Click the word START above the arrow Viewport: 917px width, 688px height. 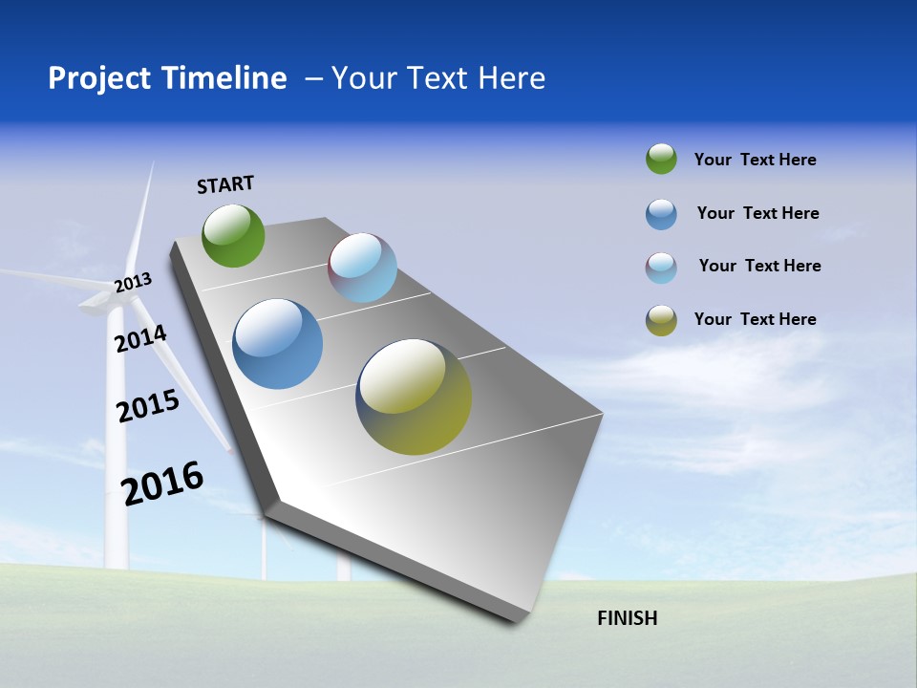click(225, 184)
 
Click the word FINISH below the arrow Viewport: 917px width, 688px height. click(627, 618)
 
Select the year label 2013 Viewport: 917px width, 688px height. click(134, 283)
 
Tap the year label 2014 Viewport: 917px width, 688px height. click(141, 338)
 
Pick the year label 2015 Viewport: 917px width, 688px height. click(148, 406)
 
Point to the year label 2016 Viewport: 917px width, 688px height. click(162, 483)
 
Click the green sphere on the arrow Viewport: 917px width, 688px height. click(233, 235)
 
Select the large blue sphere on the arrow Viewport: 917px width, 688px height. click(277, 344)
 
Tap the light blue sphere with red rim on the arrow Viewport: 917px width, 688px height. click(362, 268)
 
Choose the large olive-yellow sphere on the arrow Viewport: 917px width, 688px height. click(414, 397)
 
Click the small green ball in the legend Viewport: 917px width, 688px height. click(661, 159)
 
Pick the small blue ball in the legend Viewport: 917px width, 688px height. click(661, 214)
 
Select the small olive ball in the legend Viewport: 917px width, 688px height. click(661, 320)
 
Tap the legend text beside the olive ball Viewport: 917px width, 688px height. click(755, 319)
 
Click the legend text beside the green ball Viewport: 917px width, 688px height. click(755, 160)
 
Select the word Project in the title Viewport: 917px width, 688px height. click(98, 78)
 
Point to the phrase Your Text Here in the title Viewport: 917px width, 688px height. click(438, 78)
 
